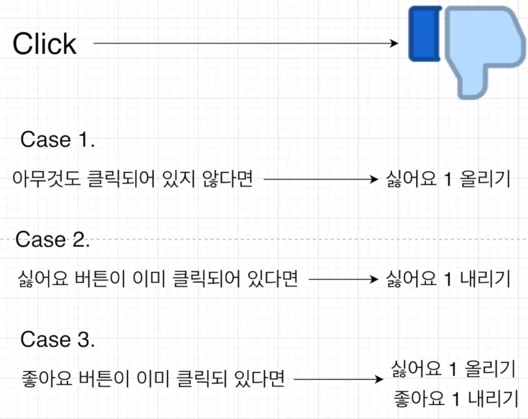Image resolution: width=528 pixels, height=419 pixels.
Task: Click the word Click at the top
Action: click(x=45, y=45)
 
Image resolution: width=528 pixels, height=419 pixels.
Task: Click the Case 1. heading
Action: click(x=58, y=140)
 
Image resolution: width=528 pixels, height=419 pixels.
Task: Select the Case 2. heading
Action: click(x=52, y=240)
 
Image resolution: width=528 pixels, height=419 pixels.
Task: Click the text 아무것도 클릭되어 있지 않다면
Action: click(x=133, y=179)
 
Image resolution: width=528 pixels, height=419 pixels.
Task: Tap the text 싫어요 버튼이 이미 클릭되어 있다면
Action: click(x=157, y=279)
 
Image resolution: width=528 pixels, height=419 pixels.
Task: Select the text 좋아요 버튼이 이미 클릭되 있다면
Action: click(x=153, y=380)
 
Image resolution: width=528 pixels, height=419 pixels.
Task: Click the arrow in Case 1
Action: click(x=321, y=180)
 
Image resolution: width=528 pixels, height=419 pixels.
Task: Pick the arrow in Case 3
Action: click(x=337, y=380)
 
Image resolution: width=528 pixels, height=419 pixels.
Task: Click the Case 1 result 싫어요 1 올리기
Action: click(x=447, y=180)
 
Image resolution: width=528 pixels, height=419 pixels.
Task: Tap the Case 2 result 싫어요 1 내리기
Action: click(x=447, y=280)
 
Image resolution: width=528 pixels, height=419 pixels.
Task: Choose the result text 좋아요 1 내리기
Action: click(x=457, y=398)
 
